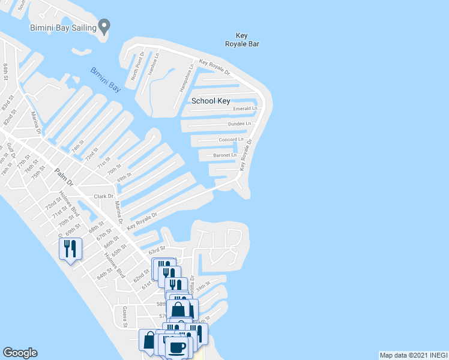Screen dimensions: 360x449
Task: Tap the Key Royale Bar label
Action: [x=242, y=40]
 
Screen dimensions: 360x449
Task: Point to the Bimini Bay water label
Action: [x=106, y=80]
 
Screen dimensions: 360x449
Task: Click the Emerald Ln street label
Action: [x=245, y=109]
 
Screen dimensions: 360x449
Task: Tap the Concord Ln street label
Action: [x=231, y=139]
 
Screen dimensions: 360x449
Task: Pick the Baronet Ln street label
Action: [x=225, y=155]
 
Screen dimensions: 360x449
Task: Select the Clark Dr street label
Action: [x=103, y=196]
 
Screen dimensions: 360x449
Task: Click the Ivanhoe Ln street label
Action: [x=156, y=62]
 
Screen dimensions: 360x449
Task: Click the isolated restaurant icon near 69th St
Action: [x=70, y=248]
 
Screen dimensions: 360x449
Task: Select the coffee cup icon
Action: [x=177, y=348]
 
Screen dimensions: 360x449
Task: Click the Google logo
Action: [x=20, y=353]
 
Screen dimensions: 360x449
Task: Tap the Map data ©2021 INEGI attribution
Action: [x=413, y=355]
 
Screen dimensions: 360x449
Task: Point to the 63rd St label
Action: [x=157, y=249]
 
